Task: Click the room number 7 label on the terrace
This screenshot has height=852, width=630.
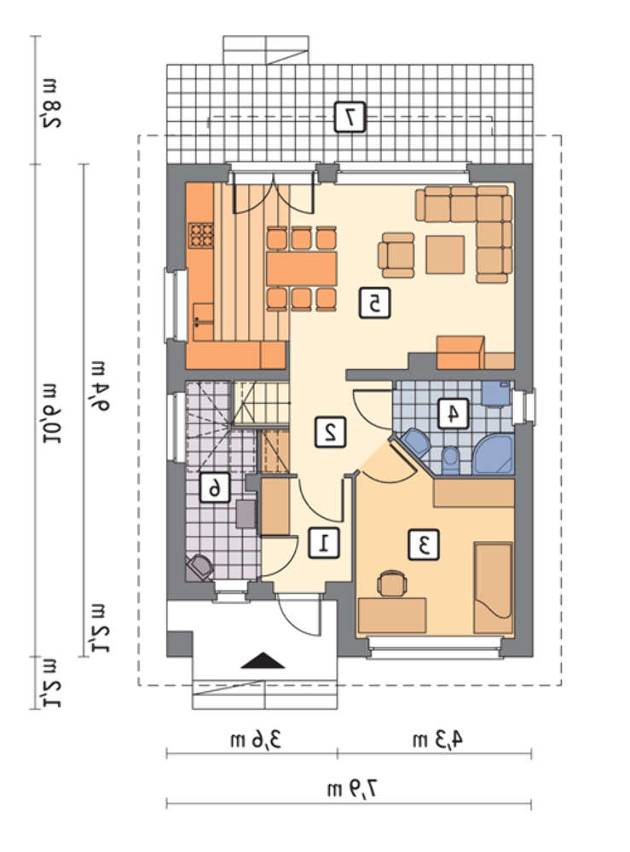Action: (x=350, y=116)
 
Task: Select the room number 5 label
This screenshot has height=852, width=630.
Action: (x=374, y=303)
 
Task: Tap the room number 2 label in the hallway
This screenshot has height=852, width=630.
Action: (x=330, y=432)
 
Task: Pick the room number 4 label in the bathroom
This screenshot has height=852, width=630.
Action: (x=453, y=414)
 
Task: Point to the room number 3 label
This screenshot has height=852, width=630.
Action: (x=424, y=545)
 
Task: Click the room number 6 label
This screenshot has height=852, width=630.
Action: (x=215, y=487)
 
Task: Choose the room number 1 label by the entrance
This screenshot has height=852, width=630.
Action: (x=324, y=543)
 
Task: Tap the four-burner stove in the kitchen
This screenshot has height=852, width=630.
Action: (x=200, y=235)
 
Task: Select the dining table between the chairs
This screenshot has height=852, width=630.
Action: (x=302, y=269)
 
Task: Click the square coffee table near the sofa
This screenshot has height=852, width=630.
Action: (x=445, y=254)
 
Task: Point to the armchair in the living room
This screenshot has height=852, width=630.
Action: (x=396, y=255)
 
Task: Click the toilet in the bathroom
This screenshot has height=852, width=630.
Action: (x=450, y=460)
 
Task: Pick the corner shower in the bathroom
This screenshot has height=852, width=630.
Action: (x=494, y=454)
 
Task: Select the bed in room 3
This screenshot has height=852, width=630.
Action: (x=493, y=588)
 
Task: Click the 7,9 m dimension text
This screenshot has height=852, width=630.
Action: (x=352, y=790)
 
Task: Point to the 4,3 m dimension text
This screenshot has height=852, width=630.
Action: (x=438, y=740)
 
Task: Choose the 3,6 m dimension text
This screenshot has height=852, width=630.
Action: (x=256, y=740)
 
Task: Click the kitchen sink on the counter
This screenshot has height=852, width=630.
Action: (x=203, y=322)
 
